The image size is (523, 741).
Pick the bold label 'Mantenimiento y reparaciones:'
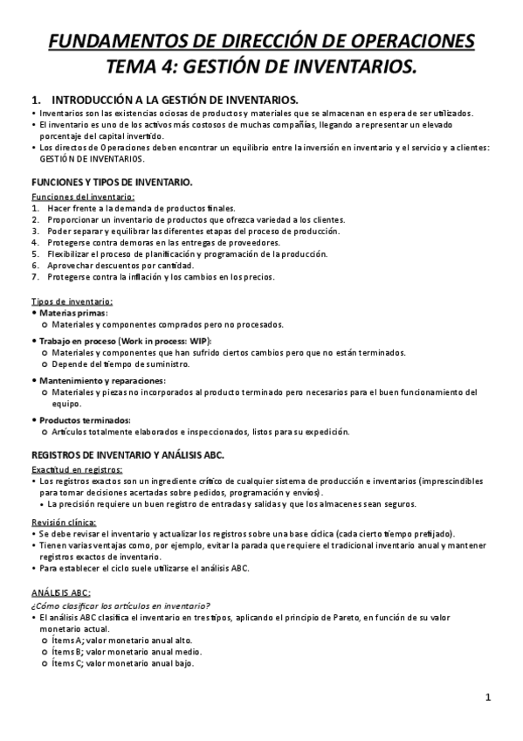pos(103,381)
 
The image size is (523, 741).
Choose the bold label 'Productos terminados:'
pos(86,420)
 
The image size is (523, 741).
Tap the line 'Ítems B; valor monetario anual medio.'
pos(122,651)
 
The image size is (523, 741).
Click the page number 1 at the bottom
pos(489,697)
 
